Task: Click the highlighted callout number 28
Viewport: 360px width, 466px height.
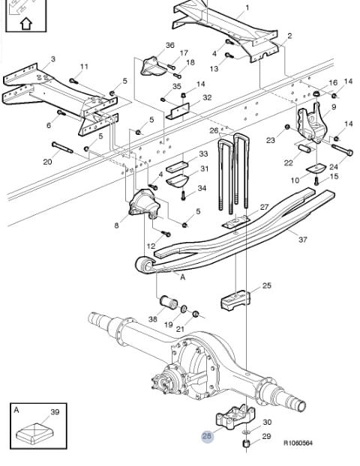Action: point(207,436)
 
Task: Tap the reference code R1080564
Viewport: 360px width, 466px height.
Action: point(298,443)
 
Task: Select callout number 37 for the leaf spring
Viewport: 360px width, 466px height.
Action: point(302,239)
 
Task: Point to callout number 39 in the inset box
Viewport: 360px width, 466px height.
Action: point(55,412)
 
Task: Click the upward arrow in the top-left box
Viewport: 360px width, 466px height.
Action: point(26,23)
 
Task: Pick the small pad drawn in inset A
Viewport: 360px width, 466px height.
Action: point(34,433)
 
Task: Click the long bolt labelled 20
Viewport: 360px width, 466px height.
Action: point(62,148)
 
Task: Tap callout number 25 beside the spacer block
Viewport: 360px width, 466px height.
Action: point(267,285)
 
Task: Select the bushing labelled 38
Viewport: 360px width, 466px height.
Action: point(169,302)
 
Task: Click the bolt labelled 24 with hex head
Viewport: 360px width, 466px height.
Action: point(342,150)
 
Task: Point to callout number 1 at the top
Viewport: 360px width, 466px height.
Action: point(247,7)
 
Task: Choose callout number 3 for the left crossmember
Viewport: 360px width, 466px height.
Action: point(53,59)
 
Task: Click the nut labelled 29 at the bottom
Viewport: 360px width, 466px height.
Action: point(246,444)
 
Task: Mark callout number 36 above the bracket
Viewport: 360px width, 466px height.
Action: point(170,45)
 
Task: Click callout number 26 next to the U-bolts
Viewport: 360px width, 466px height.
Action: point(214,130)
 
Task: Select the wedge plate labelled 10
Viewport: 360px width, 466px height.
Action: point(316,169)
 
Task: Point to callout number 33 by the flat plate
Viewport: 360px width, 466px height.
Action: point(203,154)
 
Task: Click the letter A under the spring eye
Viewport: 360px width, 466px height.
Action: point(183,277)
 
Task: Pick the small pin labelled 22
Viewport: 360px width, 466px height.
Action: point(304,148)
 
